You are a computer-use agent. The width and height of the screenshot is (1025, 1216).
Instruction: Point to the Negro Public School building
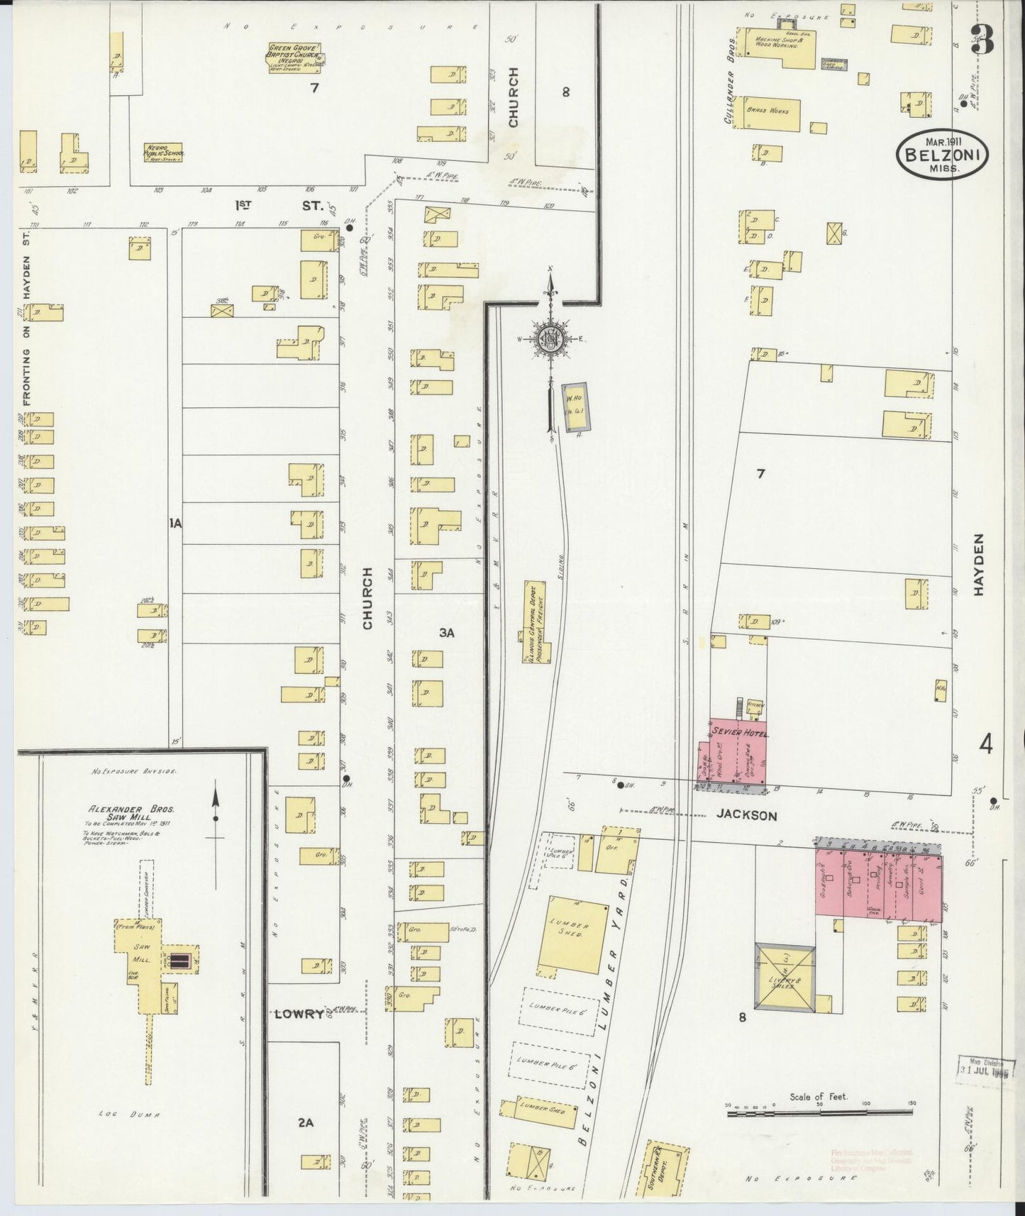(x=164, y=152)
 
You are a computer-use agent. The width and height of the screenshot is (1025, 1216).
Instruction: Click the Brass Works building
(x=772, y=112)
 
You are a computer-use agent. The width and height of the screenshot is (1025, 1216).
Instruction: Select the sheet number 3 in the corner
(x=982, y=40)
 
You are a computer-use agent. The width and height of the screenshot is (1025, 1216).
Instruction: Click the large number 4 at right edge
(x=985, y=745)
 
